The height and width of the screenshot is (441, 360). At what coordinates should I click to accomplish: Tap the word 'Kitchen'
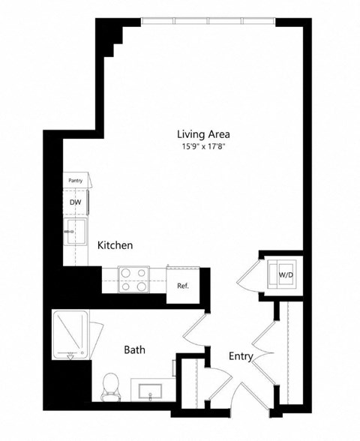(115, 245)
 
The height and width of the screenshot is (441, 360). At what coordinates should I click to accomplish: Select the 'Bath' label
(134, 349)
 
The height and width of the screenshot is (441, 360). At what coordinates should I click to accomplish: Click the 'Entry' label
(240, 357)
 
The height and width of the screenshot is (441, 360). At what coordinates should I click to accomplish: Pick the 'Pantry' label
(75, 181)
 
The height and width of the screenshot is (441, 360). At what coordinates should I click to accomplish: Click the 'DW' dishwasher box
(75, 202)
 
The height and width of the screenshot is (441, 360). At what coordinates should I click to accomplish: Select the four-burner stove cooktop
(133, 280)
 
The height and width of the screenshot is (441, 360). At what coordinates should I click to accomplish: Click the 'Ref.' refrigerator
(182, 286)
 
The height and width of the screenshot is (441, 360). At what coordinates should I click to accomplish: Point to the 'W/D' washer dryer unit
(286, 274)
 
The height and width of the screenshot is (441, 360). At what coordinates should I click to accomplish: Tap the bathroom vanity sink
(151, 391)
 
